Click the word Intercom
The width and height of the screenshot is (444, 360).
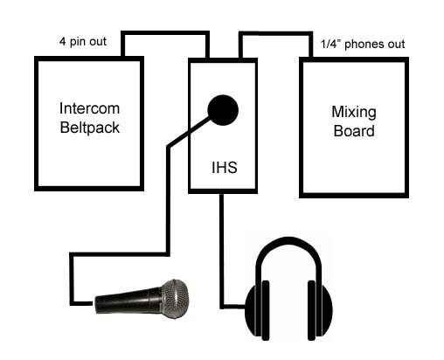(89, 108)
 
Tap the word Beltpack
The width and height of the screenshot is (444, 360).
(90, 128)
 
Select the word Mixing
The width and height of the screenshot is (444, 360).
(354, 113)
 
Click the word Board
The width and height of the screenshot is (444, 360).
(354, 131)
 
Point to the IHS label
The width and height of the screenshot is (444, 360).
(225, 168)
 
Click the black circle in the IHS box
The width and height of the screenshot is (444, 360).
(223, 110)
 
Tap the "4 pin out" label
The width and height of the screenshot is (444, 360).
(83, 41)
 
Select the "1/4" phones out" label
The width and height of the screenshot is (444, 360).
(363, 44)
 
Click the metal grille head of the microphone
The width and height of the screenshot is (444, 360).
(175, 299)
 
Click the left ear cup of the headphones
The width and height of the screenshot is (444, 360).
(257, 310)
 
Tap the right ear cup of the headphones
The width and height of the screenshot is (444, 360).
(320, 310)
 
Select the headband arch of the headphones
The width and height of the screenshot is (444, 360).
(288, 239)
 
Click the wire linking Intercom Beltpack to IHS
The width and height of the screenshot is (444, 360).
(165, 33)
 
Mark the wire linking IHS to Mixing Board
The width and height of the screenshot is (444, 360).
(275, 33)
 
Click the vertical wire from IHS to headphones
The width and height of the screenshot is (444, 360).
(222, 251)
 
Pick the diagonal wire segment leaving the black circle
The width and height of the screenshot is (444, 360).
(190, 132)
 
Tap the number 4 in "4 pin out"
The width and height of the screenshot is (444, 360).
(62, 41)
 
